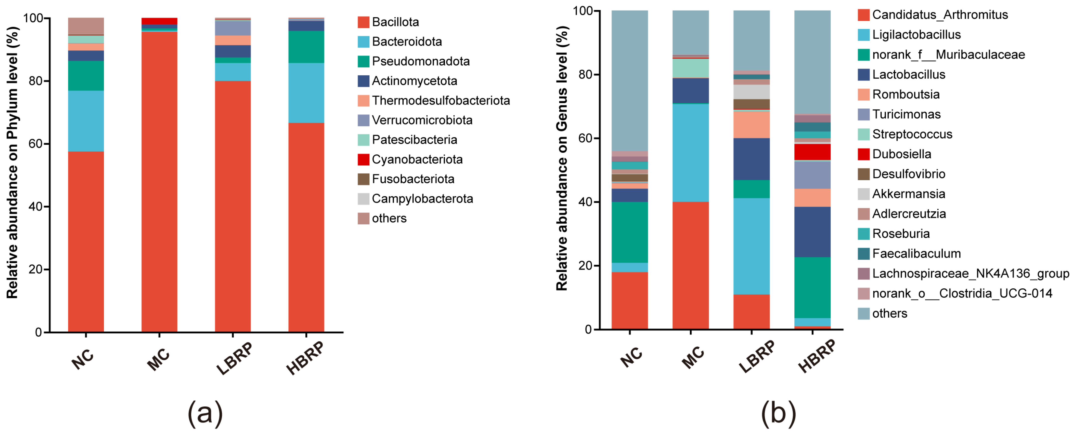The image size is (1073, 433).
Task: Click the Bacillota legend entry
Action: [388, 22]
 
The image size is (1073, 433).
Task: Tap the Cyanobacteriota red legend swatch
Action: [363, 160]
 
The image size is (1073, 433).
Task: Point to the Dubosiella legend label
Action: [902, 154]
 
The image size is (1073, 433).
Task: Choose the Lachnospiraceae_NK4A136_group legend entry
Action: [963, 274]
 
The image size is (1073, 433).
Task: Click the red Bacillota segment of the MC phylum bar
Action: [159, 182]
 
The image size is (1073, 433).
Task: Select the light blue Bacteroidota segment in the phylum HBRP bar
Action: [306, 93]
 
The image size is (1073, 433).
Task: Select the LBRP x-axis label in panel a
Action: [234, 358]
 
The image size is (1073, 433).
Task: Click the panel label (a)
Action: [205, 414]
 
